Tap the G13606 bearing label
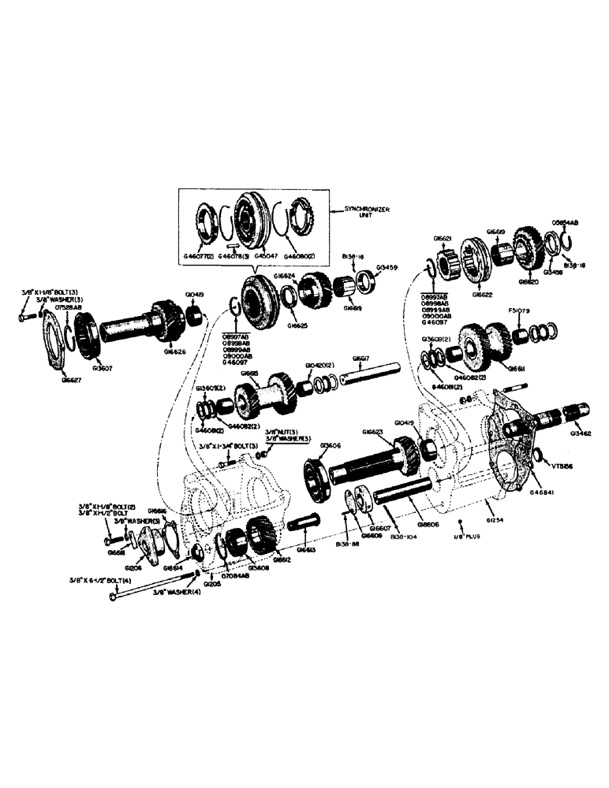click(x=330, y=445)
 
